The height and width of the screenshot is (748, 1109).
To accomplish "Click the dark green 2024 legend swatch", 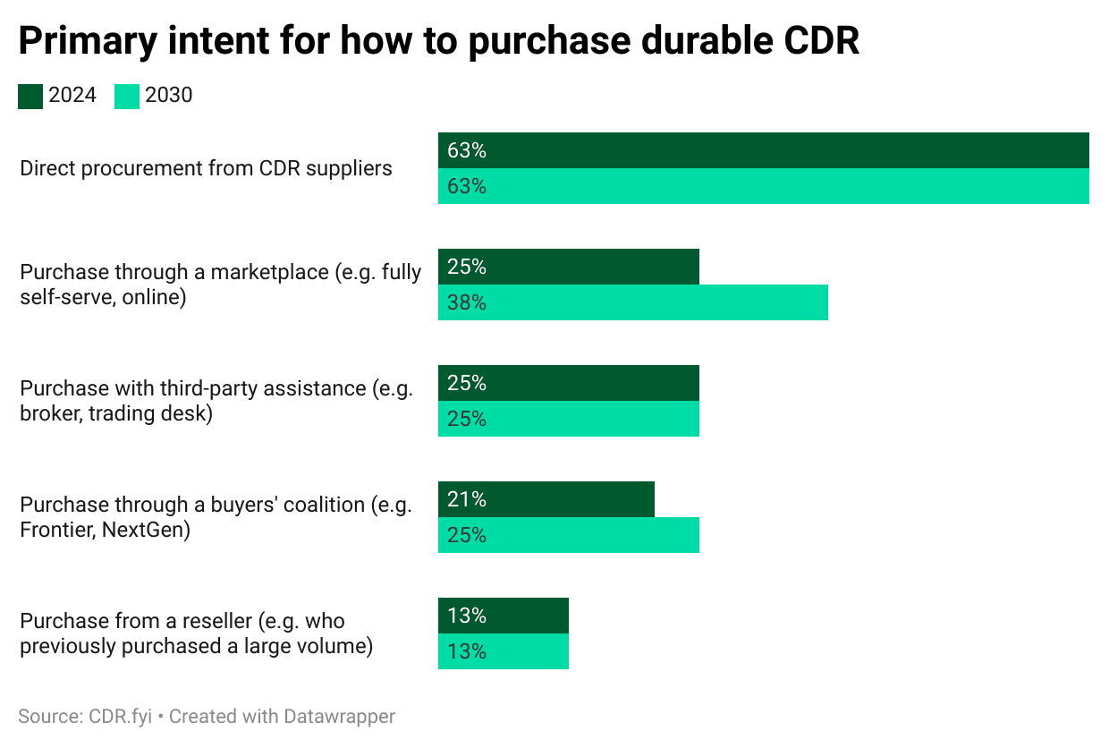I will pyautogui.click(x=30, y=96).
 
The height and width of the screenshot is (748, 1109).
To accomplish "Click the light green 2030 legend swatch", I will pyautogui.click(x=127, y=96).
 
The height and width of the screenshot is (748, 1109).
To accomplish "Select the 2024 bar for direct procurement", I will pyautogui.click(x=763, y=150).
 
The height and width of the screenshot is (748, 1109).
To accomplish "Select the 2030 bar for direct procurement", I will pyautogui.click(x=763, y=186).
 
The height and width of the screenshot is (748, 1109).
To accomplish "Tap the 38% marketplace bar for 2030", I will pyautogui.click(x=632, y=302).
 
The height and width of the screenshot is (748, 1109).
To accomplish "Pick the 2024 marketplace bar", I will pyautogui.click(x=568, y=267).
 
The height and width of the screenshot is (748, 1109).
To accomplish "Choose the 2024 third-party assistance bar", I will pyautogui.click(x=568, y=383).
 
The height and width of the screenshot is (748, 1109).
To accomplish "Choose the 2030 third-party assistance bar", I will pyautogui.click(x=568, y=419).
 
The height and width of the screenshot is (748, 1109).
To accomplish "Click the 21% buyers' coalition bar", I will pyautogui.click(x=546, y=499).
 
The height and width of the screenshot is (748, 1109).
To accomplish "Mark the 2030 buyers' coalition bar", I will pyautogui.click(x=568, y=535).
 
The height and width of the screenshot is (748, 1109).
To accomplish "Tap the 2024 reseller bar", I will pyautogui.click(x=503, y=616).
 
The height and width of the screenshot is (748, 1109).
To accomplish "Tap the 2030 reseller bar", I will pyautogui.click(x=503, y=651).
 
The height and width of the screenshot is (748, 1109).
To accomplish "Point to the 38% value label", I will pyautogui.click(x=467, y=303).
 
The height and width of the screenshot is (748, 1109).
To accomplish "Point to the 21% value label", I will pyautogui.click(x=467, y=500).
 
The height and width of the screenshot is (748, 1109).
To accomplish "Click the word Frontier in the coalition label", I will pyautogui.click(x=55, y=530).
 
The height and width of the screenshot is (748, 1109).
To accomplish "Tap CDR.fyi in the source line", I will pyautogui.click(x=121, y=717).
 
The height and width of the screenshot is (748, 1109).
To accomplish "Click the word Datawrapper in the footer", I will pyautogui.click(x=339, y=717).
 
